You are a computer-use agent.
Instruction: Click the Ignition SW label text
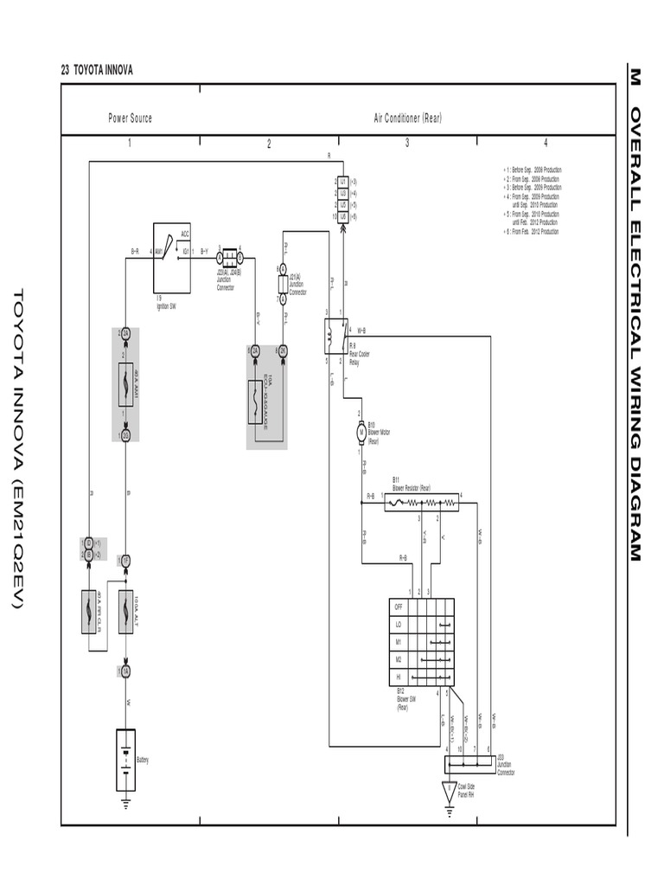(167, 305)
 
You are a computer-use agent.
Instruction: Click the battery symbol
(125, 760)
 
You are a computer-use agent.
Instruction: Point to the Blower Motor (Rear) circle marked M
(361, 432)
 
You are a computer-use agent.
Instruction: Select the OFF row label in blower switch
(399, 607)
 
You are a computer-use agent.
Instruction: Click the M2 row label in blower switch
(399, 658)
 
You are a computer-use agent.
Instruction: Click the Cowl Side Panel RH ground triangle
(449, 791)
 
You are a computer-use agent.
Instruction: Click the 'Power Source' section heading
(130, 118)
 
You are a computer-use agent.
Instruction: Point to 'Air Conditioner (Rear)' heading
(407, 118)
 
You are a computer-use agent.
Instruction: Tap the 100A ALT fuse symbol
(125, 611)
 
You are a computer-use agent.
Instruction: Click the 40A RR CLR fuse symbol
(88, 611)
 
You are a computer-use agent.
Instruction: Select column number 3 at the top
(407, 144)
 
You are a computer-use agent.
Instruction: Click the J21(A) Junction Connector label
(297, 283)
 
